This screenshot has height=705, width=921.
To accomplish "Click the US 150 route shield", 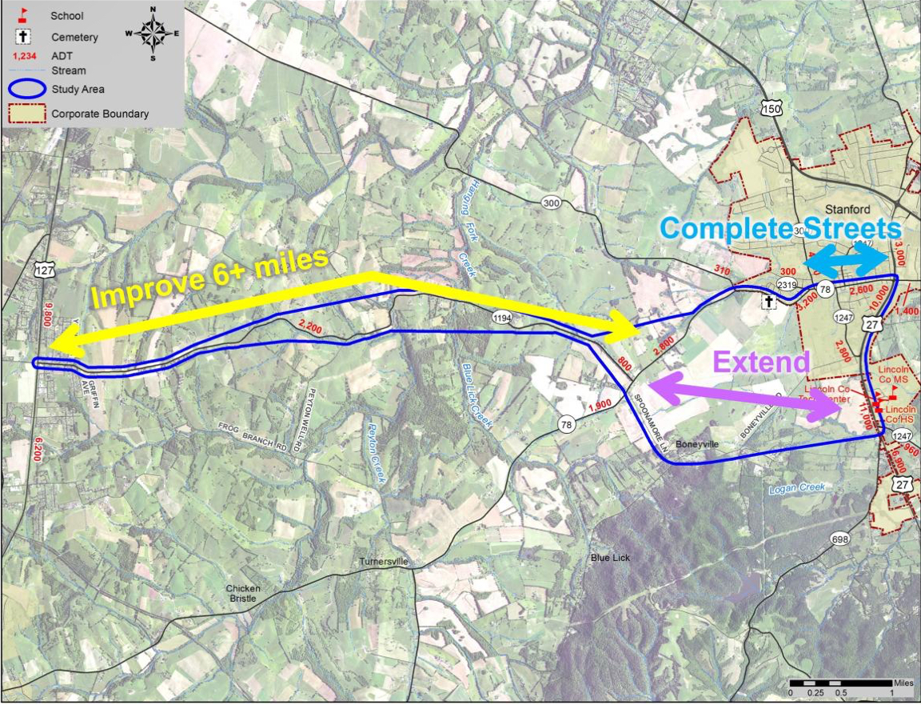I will click(x=771, y=109).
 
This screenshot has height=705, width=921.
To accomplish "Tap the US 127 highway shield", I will click(x=44, y=270).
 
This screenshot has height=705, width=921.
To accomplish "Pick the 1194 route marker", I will click(x=501, y=318).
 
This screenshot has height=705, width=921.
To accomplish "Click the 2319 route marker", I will click(x=787, y=285).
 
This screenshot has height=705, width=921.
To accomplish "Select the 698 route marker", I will click(x=839, y=539).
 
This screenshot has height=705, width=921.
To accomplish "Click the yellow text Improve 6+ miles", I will click(x=210, y=277).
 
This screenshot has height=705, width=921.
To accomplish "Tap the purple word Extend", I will click(x=761, y=362).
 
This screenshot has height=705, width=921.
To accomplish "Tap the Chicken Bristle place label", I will click(x=242, y=593).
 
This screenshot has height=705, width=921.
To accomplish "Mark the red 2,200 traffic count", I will click(x=311, y=325).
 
